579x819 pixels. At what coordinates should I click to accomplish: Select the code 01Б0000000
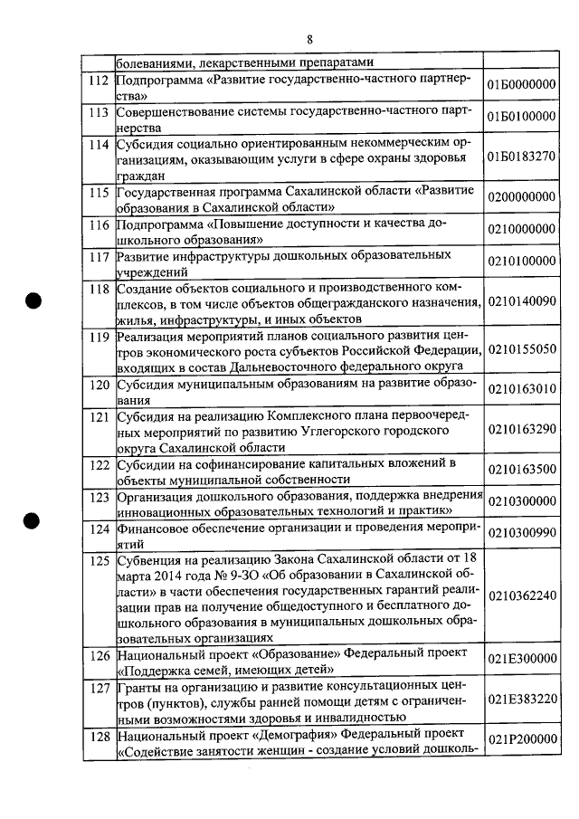tap(521, 86)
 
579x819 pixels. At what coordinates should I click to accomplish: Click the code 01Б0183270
tap(521, 156)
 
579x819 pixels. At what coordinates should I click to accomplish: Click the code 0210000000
tap(521, 231)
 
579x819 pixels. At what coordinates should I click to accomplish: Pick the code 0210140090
tap(521, 302)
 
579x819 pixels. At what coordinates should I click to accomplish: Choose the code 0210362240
tap(521, 596)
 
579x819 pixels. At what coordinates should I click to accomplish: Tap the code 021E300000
tap(521, 660)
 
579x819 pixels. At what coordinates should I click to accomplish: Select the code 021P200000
tap(521, 739)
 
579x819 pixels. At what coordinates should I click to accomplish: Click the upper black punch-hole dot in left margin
tap(33, 302)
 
